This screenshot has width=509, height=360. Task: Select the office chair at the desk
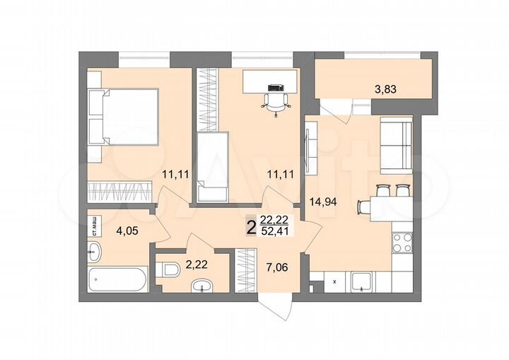coord(275,98)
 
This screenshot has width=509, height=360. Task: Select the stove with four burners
coord(404,245)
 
